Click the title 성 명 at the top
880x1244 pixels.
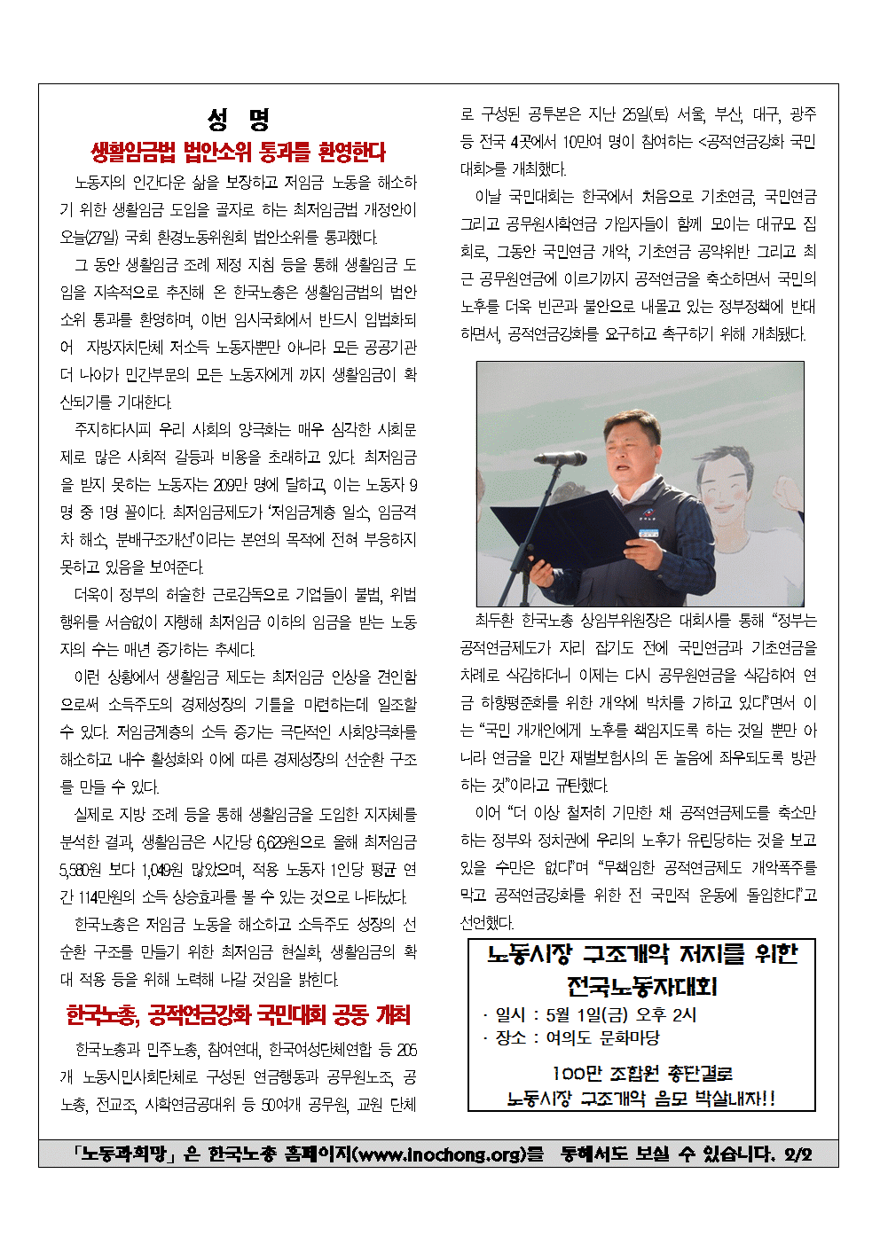tap(239, 119)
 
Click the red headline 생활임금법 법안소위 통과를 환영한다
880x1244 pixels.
tap(239, 153)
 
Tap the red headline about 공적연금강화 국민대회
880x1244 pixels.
tap(239, 1014)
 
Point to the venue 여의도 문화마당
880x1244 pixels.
tap(602, 1037)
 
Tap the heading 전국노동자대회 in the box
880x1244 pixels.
tap(641, 985)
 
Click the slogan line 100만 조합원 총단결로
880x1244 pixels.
tap(641, 1074)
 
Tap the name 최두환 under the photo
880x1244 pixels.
tap(494, 621)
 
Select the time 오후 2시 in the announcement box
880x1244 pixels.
tap(671, 1014)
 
